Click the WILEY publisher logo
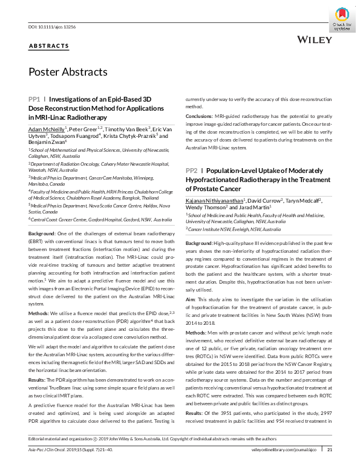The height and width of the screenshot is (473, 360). [315, 40]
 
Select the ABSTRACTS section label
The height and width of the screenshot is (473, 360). [49, 46]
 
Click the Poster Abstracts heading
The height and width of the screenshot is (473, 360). [68, 72]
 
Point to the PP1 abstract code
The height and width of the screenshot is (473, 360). [34, 98]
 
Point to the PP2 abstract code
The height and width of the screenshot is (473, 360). [191, 154]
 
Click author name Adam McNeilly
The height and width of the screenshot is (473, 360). [47, 129]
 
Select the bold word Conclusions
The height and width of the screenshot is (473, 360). [198, 115]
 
